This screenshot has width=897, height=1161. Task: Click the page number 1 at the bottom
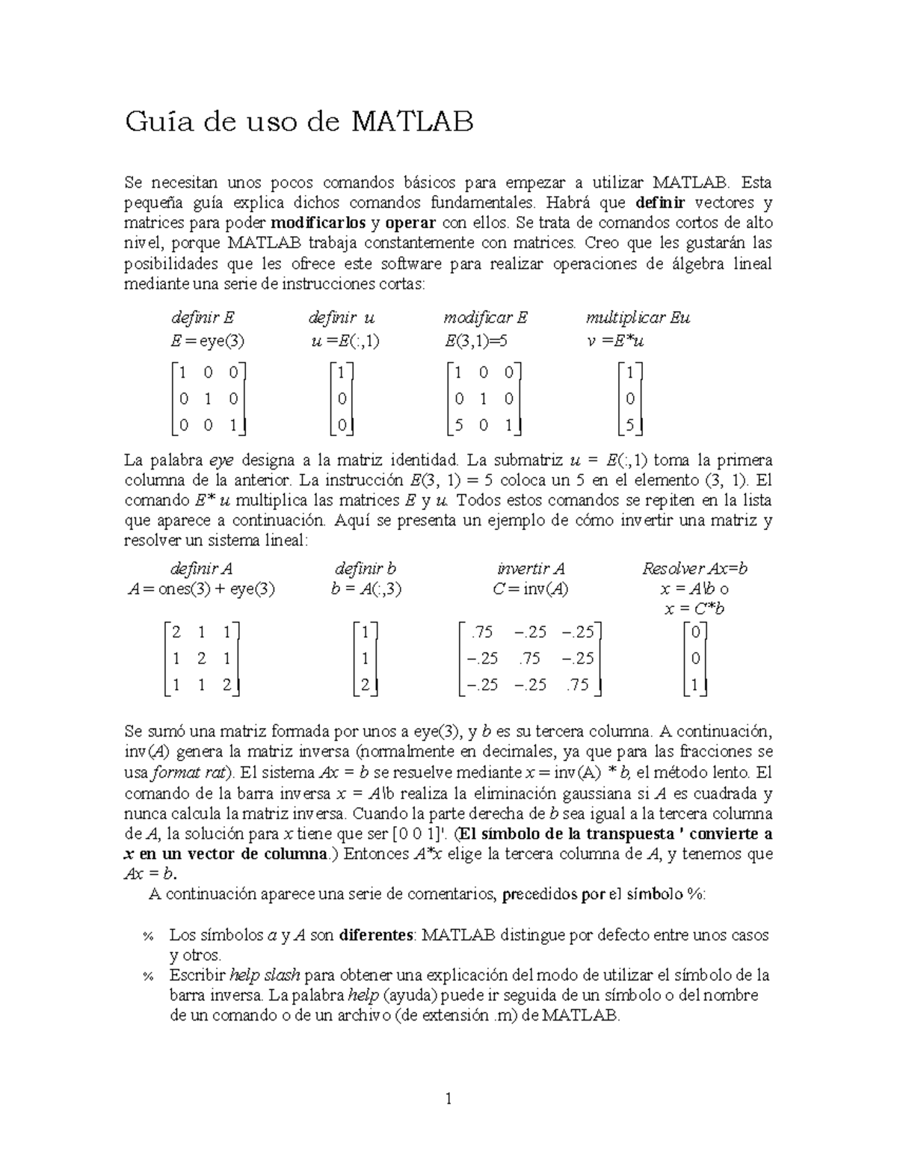click(449, 1099)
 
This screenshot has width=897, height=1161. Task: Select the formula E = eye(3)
click(207, 341)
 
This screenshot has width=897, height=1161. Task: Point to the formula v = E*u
click(615, 341)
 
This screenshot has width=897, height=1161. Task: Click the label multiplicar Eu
click(638, 318)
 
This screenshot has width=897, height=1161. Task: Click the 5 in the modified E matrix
click(459, 425)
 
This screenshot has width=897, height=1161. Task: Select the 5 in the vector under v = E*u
click(630, 425)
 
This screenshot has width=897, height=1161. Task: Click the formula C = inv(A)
click(531, 588)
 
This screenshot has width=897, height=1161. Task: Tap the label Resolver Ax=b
click(694, 568)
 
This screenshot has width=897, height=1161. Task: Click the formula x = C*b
click(694, 609)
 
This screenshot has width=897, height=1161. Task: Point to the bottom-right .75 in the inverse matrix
click(578, 684)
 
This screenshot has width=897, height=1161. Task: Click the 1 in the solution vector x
click(695, 684)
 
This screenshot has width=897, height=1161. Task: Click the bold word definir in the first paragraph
click(660, 203)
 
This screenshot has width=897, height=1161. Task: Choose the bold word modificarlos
click(318, 223)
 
